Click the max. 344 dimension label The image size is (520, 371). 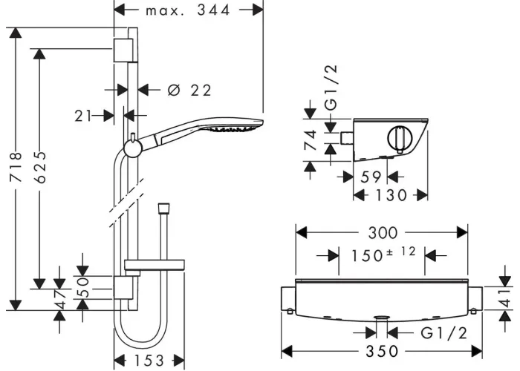[188, 10]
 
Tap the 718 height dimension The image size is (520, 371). [16, 167]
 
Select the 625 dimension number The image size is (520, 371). [40, 167]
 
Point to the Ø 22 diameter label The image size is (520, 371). [189, 90]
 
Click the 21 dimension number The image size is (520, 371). [83, 116]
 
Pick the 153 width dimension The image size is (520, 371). [149, 361]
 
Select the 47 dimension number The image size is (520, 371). [60, 299]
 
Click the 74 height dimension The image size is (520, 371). [311, 140]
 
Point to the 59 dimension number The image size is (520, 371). [371, 177]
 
